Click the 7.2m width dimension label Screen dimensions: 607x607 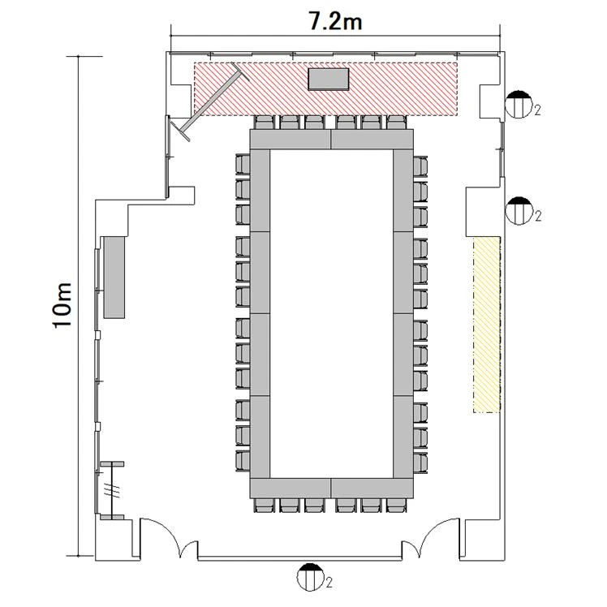point(335,21)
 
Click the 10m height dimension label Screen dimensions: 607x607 point(62,306)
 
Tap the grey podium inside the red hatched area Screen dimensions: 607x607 point(329,80)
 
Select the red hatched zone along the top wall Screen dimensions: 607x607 point(325,88)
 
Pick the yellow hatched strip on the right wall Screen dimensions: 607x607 point(487,325)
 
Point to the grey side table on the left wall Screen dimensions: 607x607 point(114,278)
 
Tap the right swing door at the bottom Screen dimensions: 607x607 point(431,538)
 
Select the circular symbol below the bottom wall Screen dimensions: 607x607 point(310,577)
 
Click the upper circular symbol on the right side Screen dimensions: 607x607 point(519,104)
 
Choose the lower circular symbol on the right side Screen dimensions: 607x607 point(519,211)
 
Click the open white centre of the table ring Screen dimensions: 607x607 point(331,313)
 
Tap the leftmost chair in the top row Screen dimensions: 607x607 point(265,123)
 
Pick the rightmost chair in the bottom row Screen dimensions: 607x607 point(397,506)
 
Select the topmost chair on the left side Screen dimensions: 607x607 point(243,165)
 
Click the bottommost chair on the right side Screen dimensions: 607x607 point(420,462)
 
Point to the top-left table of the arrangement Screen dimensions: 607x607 point(291,140)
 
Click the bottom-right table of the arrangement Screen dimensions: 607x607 point(372,489)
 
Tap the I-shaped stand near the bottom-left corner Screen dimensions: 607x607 point(112,490)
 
